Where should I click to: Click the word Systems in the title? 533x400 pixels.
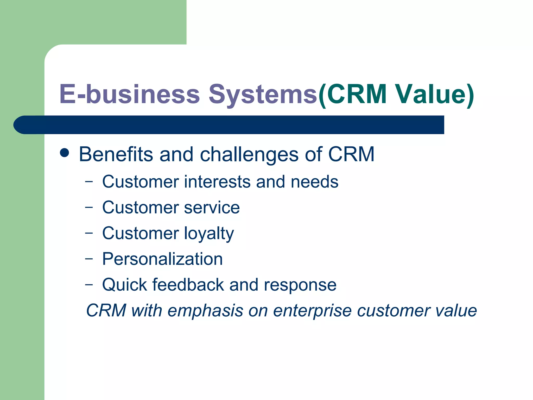click(263, 94)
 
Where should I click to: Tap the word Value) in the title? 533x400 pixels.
click(434, 94)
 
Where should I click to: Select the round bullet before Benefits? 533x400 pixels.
click(64, 153)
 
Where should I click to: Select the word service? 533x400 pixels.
click(212, 208)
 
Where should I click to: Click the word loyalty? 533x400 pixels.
click(209, 234)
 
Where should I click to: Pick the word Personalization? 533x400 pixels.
click(162, 259)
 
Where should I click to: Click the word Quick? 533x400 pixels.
click(124, 285)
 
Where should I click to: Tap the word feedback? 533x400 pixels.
click(188, 285)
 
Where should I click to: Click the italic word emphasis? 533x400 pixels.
click(205, 311)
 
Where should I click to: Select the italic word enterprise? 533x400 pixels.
click(312, 311)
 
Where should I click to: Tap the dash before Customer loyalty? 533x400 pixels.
click(89, 233)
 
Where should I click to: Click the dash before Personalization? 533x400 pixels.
click(89, 258)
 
